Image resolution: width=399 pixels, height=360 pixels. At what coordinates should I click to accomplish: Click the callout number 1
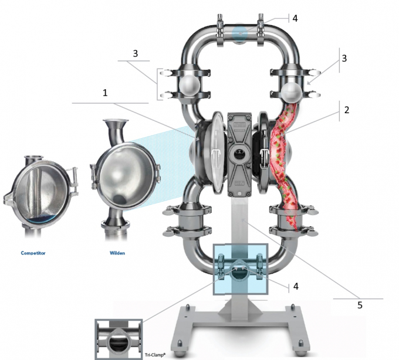click(x=106, y=92)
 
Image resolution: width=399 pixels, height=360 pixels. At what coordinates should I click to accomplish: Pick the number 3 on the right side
click(x=344, y=59)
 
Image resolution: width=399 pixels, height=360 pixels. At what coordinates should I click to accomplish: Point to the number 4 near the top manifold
click(x=295, y=18)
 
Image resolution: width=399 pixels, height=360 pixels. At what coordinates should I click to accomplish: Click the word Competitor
click(x=33, y=254)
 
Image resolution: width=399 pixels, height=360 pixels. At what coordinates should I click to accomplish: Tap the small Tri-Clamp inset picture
click(x=118, y=339)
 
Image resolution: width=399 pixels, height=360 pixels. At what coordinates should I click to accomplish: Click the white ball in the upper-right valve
click(x=293, y=89)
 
